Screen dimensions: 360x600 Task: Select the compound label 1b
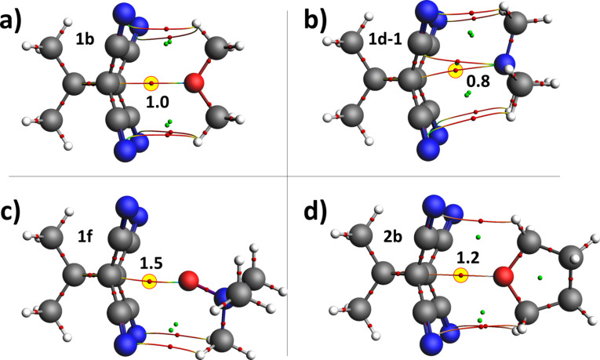point(85,38)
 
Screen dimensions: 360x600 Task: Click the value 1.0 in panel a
point(156,100)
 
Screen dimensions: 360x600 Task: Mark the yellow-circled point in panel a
point(152,82)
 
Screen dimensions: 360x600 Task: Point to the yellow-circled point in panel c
point(150,280)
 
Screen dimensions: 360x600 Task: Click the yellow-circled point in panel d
point(461,275)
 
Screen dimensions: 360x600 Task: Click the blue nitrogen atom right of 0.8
point(506,64)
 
